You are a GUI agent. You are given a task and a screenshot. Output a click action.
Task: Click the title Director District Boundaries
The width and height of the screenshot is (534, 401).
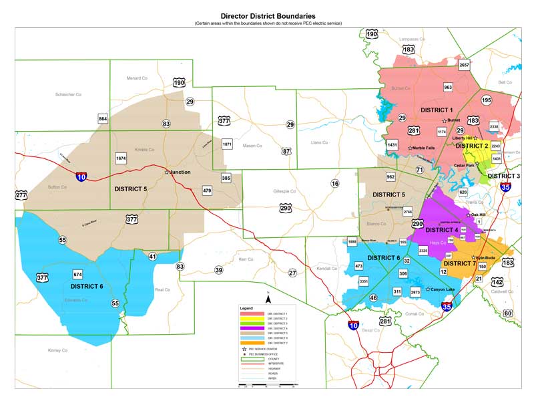point(268,15)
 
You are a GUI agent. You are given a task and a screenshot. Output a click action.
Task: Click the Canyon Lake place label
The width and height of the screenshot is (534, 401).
point(443,289)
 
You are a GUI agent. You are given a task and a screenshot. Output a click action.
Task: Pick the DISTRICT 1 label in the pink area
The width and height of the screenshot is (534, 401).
point(437,110)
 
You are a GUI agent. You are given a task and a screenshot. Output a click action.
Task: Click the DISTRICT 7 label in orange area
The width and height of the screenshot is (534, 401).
point(459,263)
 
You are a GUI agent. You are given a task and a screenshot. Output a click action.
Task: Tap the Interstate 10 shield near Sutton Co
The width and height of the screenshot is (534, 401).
point(81,176)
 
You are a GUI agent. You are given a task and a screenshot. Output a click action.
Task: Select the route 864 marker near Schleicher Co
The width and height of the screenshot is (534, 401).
point(103,118)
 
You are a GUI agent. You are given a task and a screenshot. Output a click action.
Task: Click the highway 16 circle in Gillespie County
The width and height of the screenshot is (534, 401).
point(334,183)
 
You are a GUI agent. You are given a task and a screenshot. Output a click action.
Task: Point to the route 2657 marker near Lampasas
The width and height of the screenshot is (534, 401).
point(465,65)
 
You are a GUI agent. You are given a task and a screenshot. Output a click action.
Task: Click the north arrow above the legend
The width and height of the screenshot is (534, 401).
point(268,299)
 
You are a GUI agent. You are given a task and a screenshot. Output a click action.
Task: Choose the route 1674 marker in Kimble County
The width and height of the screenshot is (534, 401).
point(121,158)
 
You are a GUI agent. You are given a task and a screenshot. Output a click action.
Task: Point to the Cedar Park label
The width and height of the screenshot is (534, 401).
point(466,165)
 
